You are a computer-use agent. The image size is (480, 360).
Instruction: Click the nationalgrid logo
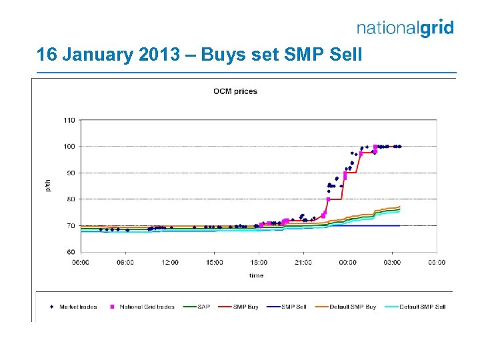coord(405,28)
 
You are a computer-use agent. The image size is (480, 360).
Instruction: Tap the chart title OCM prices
coord(235,91)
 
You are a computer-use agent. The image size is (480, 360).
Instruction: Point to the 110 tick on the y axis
coord(69,121)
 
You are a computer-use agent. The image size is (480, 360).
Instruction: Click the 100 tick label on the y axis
coord(69,147)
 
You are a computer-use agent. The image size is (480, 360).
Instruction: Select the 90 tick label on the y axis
coord(70,173)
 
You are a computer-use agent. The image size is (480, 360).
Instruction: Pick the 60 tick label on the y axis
coord(70,252)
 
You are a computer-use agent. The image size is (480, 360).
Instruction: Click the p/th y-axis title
coord(47,186)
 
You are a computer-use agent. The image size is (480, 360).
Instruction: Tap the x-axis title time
coord(257,275)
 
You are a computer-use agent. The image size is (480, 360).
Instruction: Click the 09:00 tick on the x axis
coord(125,262)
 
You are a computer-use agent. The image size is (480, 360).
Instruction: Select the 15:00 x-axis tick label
coord(214,262)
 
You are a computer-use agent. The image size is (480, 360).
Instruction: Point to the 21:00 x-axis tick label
coord(303,262)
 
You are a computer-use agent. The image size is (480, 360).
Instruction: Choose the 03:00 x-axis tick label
coord(392,262)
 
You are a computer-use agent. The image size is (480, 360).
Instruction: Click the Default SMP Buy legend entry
coord(351,307)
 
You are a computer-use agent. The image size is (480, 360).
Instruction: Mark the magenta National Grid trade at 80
coord(328,199)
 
